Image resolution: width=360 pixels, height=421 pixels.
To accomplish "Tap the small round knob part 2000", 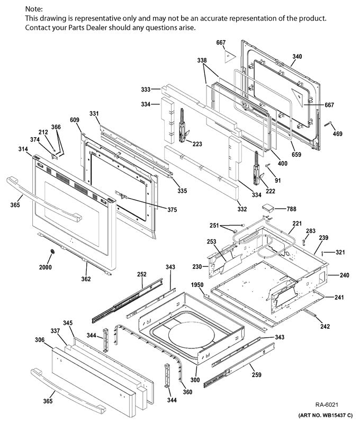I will click(52, 252).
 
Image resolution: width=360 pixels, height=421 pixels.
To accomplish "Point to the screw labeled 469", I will click(337, 134).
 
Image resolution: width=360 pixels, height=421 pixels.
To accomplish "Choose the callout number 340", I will click(297, 57).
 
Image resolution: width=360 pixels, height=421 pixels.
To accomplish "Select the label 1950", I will click(197, 285).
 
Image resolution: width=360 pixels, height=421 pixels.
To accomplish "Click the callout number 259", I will click(257, 375).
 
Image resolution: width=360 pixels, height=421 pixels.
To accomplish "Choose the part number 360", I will click(187, 392).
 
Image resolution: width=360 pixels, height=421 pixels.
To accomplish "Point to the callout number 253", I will click(210, 241).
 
